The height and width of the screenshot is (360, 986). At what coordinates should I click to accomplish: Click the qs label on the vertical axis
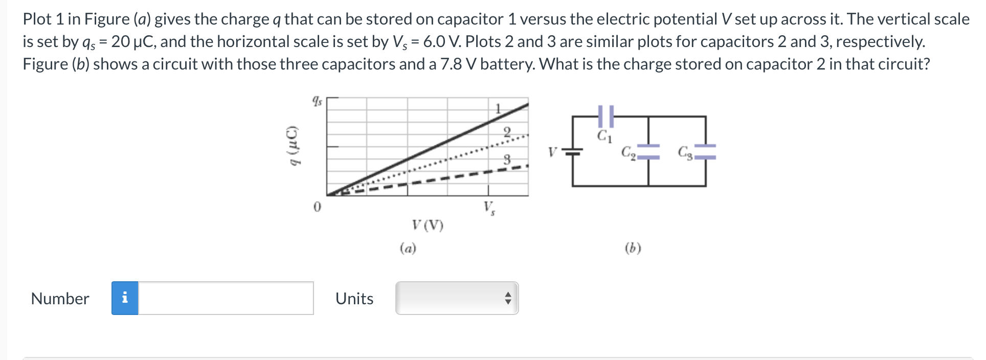point(317,101)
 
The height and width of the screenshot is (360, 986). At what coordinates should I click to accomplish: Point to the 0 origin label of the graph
point(317,207)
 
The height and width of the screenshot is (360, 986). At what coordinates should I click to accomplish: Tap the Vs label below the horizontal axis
point(489,209)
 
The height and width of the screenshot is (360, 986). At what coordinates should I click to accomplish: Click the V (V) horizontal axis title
point(428,225)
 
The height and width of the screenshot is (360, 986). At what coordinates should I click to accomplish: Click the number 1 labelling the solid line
point(497,108)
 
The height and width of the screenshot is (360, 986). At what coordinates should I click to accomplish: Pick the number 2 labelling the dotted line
point(507,132)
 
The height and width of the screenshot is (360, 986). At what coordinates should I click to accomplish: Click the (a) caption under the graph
point(408,249)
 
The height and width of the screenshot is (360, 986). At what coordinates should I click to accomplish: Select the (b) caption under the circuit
point(633,249)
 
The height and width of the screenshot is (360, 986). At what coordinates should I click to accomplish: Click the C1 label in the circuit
point(604,137)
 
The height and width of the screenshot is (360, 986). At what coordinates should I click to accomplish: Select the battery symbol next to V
point(573,151)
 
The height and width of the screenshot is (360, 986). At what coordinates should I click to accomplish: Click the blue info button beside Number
point(125,298)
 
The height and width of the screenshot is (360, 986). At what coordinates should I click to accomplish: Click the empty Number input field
point(226,298)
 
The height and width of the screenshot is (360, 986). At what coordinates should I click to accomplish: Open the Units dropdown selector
point(457,298)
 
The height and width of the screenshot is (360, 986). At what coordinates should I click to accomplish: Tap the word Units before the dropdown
point(354,298)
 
